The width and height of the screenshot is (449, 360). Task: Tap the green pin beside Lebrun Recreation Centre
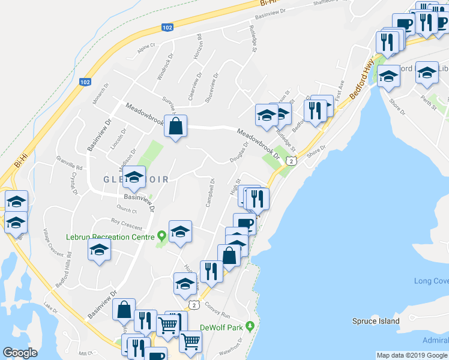pos(161,236)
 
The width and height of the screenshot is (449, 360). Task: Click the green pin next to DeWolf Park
pos(253,326)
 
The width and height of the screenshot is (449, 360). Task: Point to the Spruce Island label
pos(376,321)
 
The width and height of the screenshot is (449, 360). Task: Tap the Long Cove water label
pos(431,281)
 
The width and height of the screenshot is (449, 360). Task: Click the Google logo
pos(20,353)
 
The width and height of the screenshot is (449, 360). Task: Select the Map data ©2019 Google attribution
pos(412,355)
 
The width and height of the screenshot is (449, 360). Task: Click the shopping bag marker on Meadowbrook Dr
pos(175,127)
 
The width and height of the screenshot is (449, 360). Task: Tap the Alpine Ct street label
pos(146,48)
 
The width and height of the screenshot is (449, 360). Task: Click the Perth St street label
pos(429,98)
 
